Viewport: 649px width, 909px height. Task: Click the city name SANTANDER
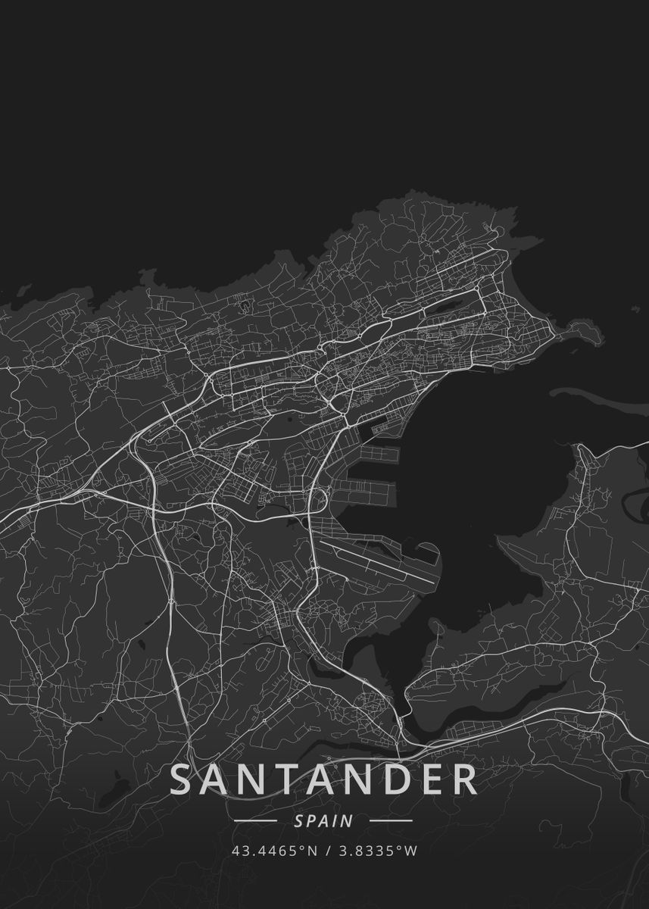pos(324,780)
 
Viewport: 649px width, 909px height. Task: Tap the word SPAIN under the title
pos(323,820)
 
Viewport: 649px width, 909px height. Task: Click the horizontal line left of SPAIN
pos(256,820)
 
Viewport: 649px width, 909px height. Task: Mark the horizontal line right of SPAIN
pos(391,820)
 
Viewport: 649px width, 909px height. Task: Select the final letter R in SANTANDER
pos(464,780)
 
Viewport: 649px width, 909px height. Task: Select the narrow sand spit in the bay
pos(598,394)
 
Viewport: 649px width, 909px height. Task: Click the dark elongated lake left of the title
pos(114,792)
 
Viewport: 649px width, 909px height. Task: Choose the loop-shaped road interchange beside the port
pos(318,501)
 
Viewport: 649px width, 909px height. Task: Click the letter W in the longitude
pos(412,851)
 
